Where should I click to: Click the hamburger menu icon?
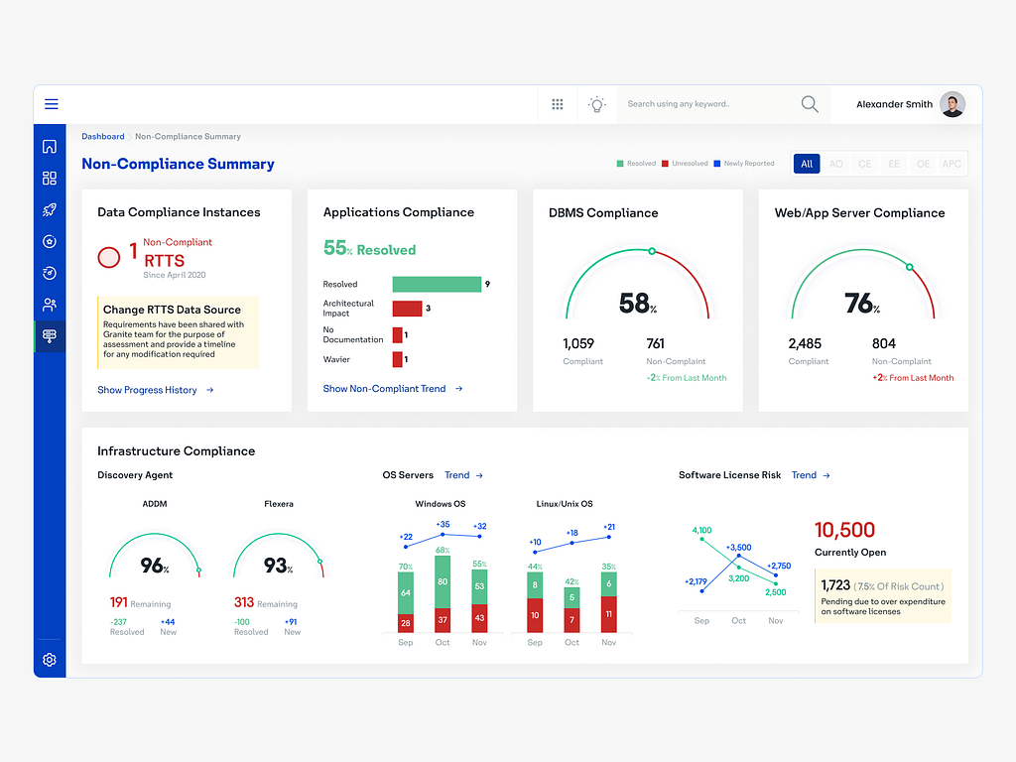coord(52,104)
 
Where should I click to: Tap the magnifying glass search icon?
coord(810,104)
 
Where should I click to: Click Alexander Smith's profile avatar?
coord(952,104)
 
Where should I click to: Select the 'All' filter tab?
coord(807,164)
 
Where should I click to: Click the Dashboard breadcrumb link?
coord(103,137)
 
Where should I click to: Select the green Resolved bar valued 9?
coord(437,285)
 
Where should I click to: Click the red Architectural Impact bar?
coord(407,309)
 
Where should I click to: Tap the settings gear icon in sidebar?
coord(50,660)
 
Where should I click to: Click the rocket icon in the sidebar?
coord(50,209)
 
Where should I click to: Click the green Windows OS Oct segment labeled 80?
coord(443,581)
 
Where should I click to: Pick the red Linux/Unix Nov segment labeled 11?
coord(609,614)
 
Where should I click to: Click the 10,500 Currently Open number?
coord(844,530)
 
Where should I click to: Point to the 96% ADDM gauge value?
coord(154,566)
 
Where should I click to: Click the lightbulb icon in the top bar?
coord(596,104)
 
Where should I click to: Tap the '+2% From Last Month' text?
coord(913,378)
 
